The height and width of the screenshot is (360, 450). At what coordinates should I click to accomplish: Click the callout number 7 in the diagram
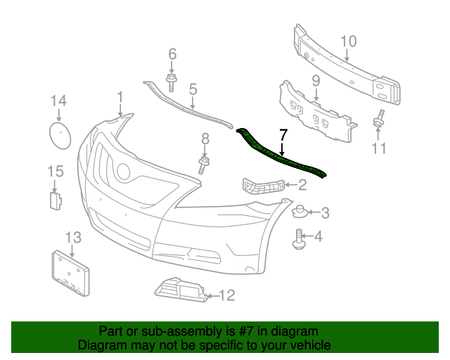[x=283, y=134]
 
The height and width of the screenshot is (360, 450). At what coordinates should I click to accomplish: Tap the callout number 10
[x=349, y=41]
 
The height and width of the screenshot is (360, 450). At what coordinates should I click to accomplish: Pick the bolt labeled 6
[x=172, y=80]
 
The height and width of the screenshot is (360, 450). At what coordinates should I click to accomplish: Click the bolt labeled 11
[x=378, y=122]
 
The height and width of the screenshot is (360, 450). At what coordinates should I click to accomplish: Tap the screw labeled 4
[x=298, y=239]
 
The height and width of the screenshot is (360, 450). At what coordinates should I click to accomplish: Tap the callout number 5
[x=192, y=89]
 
